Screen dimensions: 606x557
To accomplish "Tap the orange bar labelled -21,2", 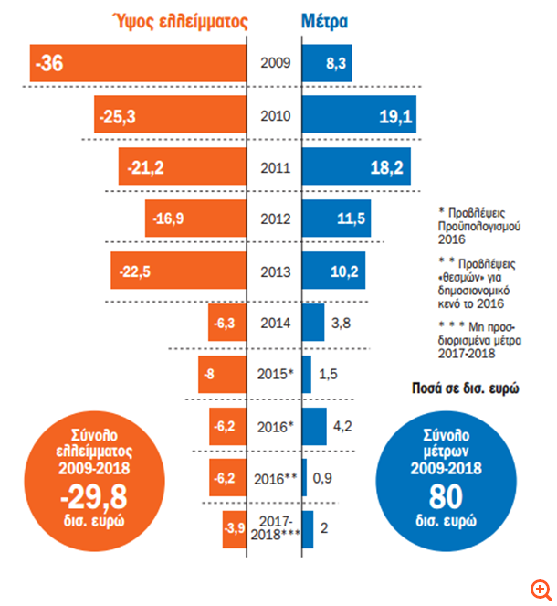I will coord(183,168).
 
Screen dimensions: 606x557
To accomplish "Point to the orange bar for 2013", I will coord(179,271).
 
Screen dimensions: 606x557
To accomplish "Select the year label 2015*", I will coord(277,375).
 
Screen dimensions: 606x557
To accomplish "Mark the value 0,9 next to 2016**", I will coord(323,478).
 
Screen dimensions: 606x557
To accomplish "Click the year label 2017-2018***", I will coord(277,529).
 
